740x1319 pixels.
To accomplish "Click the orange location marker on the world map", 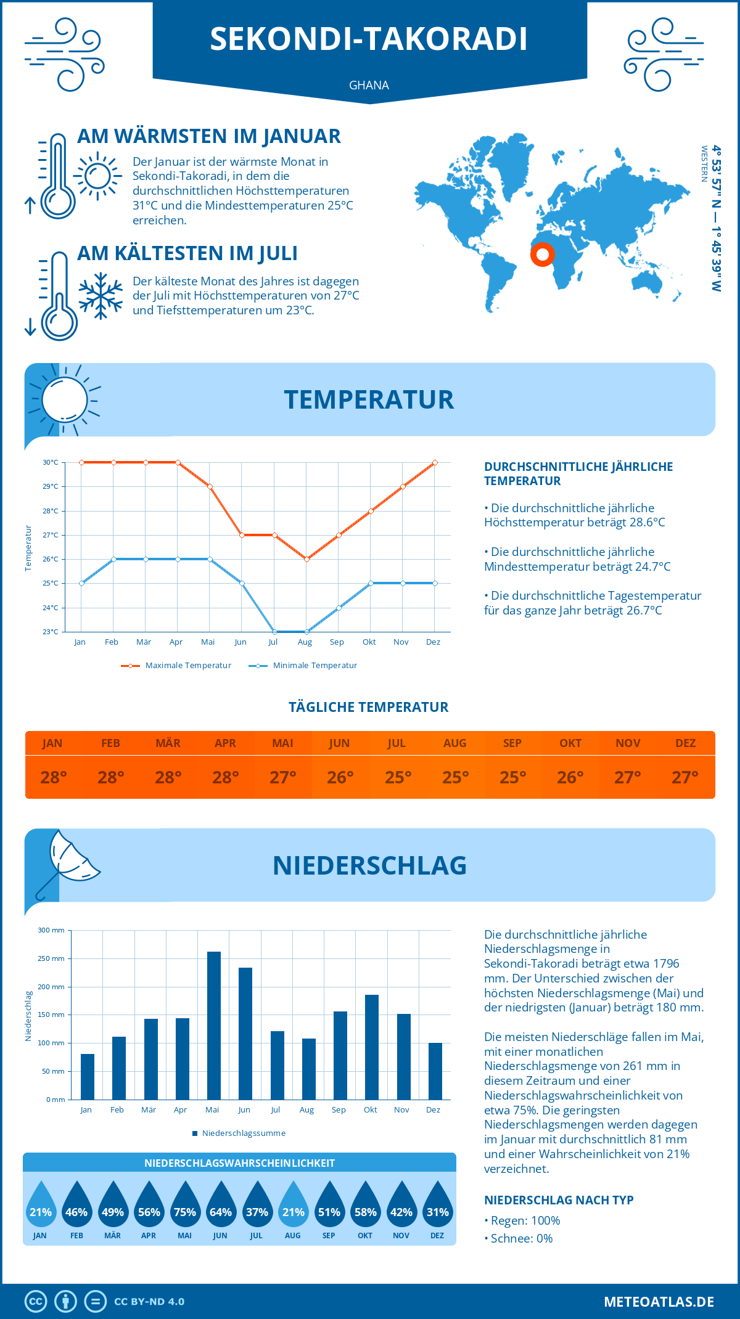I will [x=543, y=254].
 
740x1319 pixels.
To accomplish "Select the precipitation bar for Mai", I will [x=213, y=1026].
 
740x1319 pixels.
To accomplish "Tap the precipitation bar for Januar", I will [x=88, y=1077].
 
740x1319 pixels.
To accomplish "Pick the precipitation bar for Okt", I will [x=372, y=1047].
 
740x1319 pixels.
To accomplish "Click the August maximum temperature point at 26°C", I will [x=306, y=559].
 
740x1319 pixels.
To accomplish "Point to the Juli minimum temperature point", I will [x=274, y=632].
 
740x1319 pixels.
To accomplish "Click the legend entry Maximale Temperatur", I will [x=176, y=666].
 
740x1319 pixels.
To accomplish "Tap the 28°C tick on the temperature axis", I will [x=51, y=511].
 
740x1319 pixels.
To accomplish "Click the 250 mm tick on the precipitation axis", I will [x=51, y=958].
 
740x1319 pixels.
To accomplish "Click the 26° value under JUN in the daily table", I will [x=340, y=778].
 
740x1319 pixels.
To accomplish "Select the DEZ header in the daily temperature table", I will [x=685, y=743].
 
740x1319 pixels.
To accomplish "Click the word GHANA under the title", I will [x=369, y=85].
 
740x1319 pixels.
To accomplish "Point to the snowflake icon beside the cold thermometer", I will [x=101, y=296].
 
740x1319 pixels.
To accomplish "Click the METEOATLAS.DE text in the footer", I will [x=659, y=1302].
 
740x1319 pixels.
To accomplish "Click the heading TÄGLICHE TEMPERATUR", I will [x=369, y=707].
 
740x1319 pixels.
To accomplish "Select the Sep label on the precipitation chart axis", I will [x=339, y=1110].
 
